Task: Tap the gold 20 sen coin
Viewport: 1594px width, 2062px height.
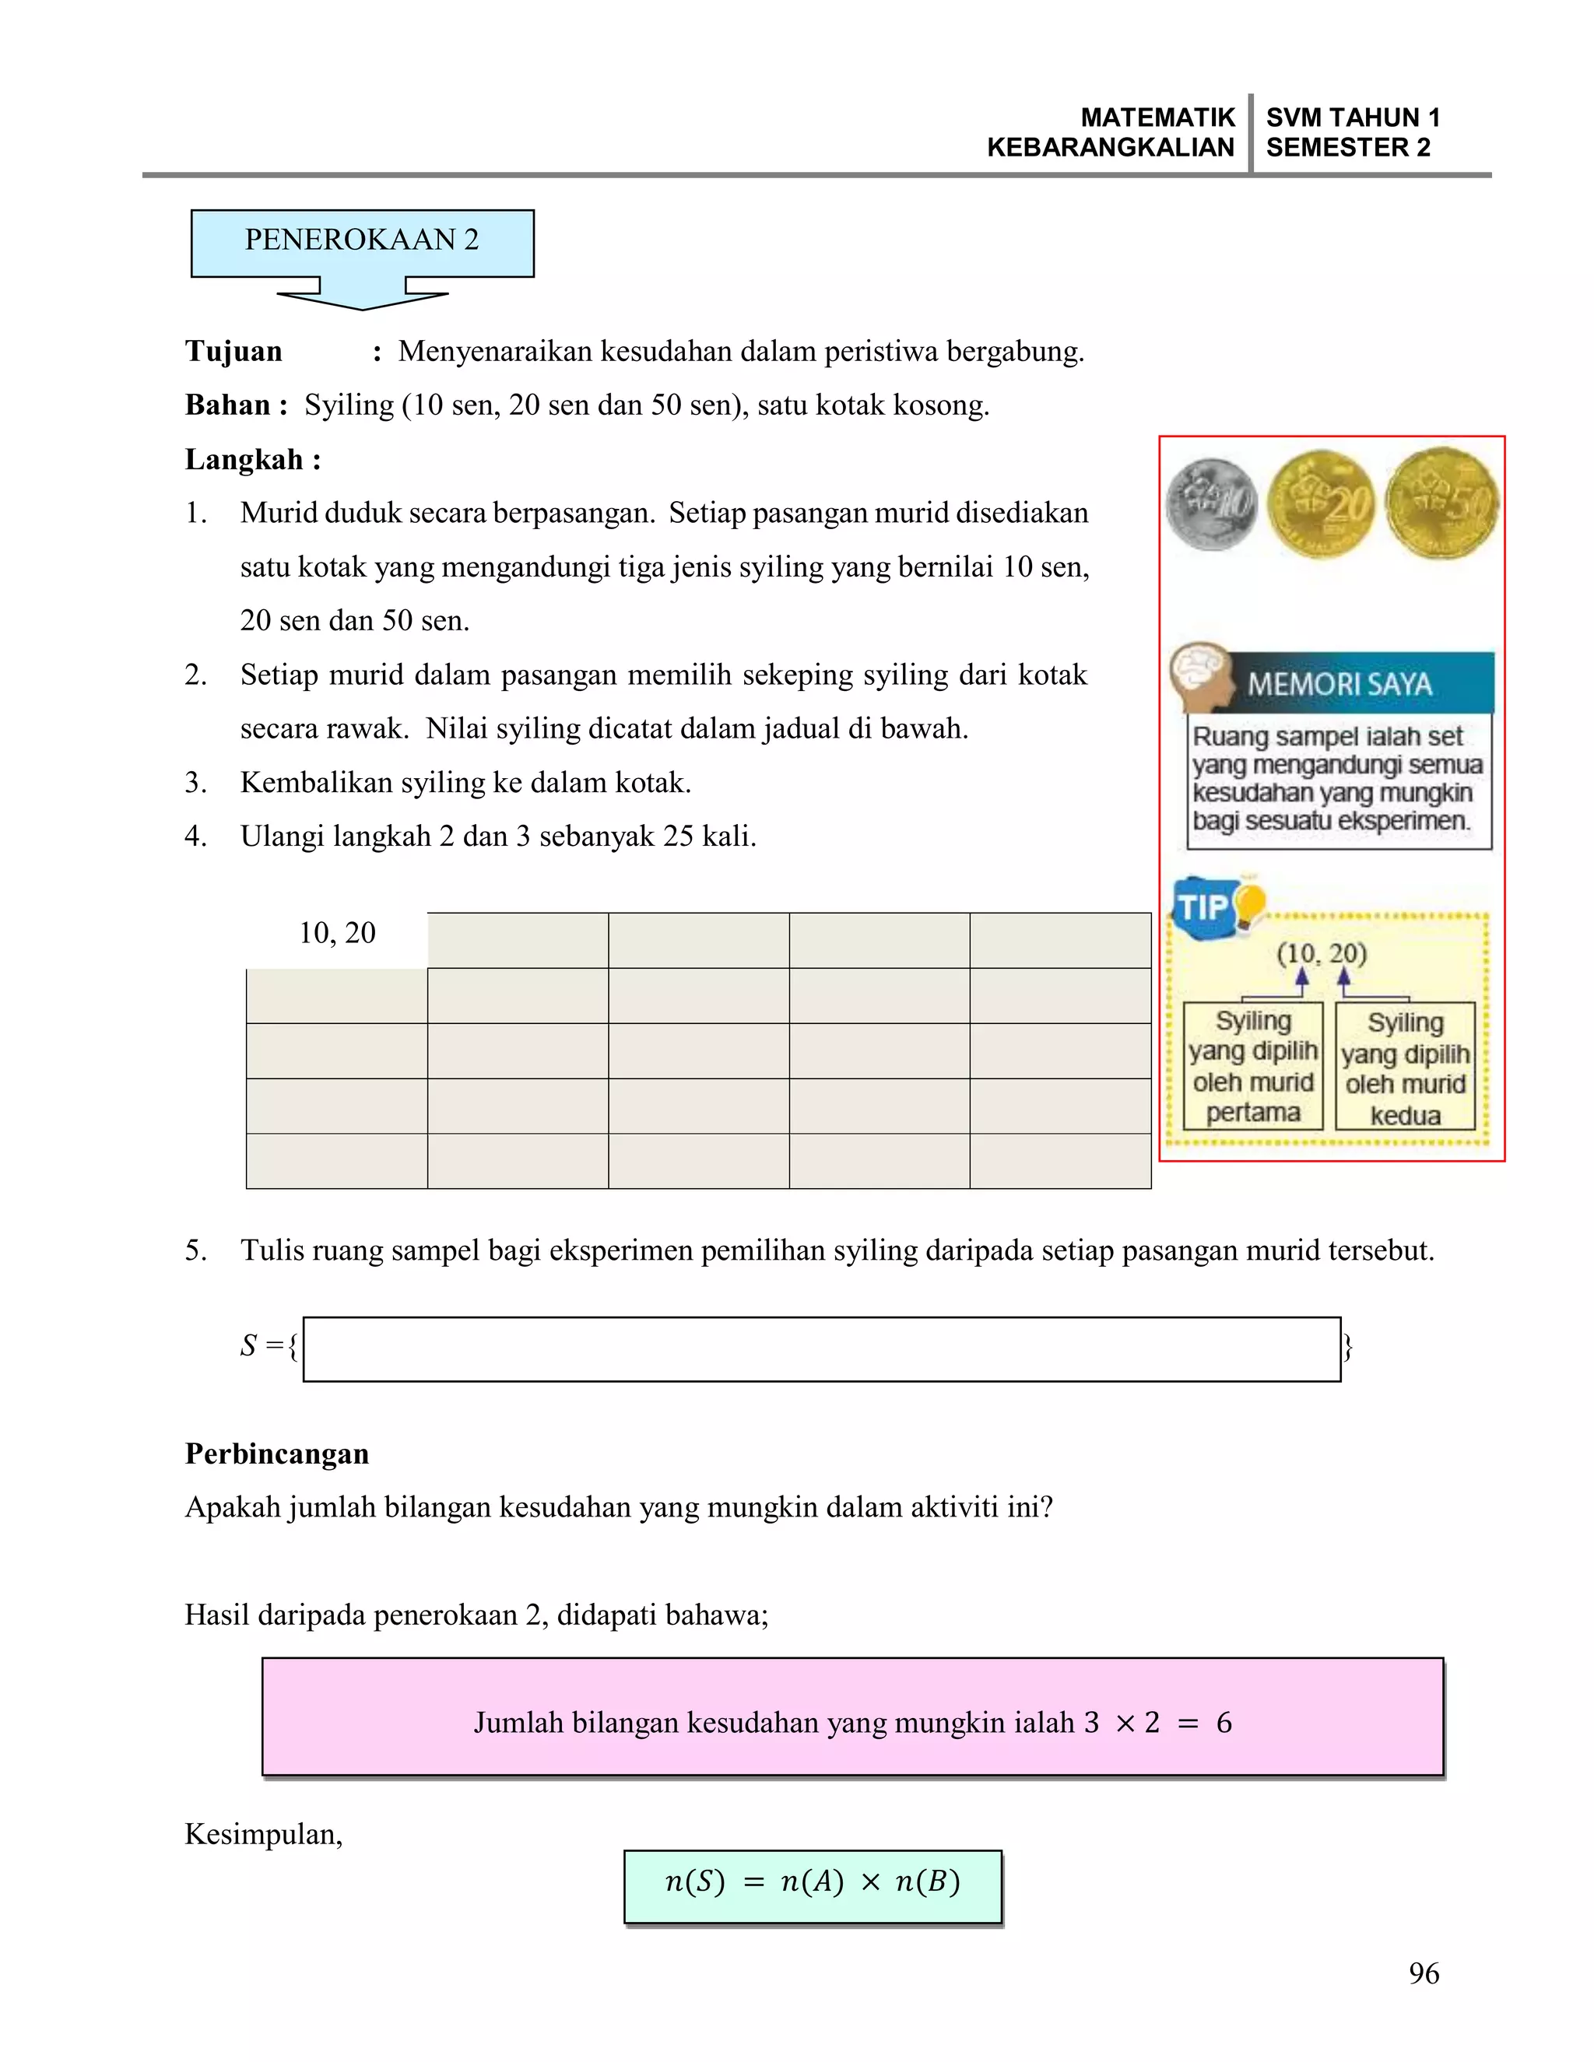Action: click(1320, 504)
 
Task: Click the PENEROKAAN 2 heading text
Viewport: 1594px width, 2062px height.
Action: click(362, 240)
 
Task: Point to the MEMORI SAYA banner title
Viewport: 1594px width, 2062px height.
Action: click(1339, 683)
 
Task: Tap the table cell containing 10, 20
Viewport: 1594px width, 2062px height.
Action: click(337, 933)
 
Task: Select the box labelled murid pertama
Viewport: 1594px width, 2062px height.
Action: click(1252, 1066)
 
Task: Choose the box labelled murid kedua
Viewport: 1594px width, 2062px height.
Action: click(1404, 1068)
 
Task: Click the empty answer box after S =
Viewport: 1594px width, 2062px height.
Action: click(822, 1349)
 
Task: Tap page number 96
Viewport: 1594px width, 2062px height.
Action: click(1423, 1973)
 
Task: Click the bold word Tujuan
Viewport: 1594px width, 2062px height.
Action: click(233, 351)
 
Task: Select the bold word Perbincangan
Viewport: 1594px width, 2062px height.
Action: click(276, 1453)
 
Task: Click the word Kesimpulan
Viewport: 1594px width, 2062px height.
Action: click(264, 1835)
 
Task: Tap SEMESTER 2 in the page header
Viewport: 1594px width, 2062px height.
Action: click(1347, 148)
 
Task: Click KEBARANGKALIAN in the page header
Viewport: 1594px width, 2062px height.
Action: click(1110, 148)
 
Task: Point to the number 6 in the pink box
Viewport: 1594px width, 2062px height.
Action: click(1224, 1723)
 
